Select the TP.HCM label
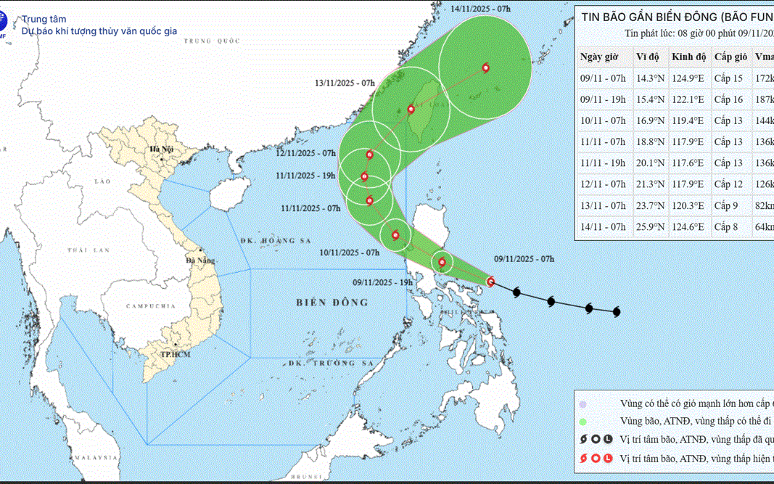pos(175,354)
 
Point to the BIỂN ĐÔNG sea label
pos(332,302)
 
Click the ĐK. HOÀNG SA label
pos(269,240)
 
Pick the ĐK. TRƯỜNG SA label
pos(330,362)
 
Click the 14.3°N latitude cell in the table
pos(650,78)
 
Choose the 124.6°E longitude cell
pos(688,227)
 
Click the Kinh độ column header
pos(688,57)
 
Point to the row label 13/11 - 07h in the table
pos(602,206)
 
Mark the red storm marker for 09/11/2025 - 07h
pos(491,282)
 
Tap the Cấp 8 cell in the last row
pos(725,227)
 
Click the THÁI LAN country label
pos(88,250)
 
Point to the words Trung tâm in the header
pos(41,20)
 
